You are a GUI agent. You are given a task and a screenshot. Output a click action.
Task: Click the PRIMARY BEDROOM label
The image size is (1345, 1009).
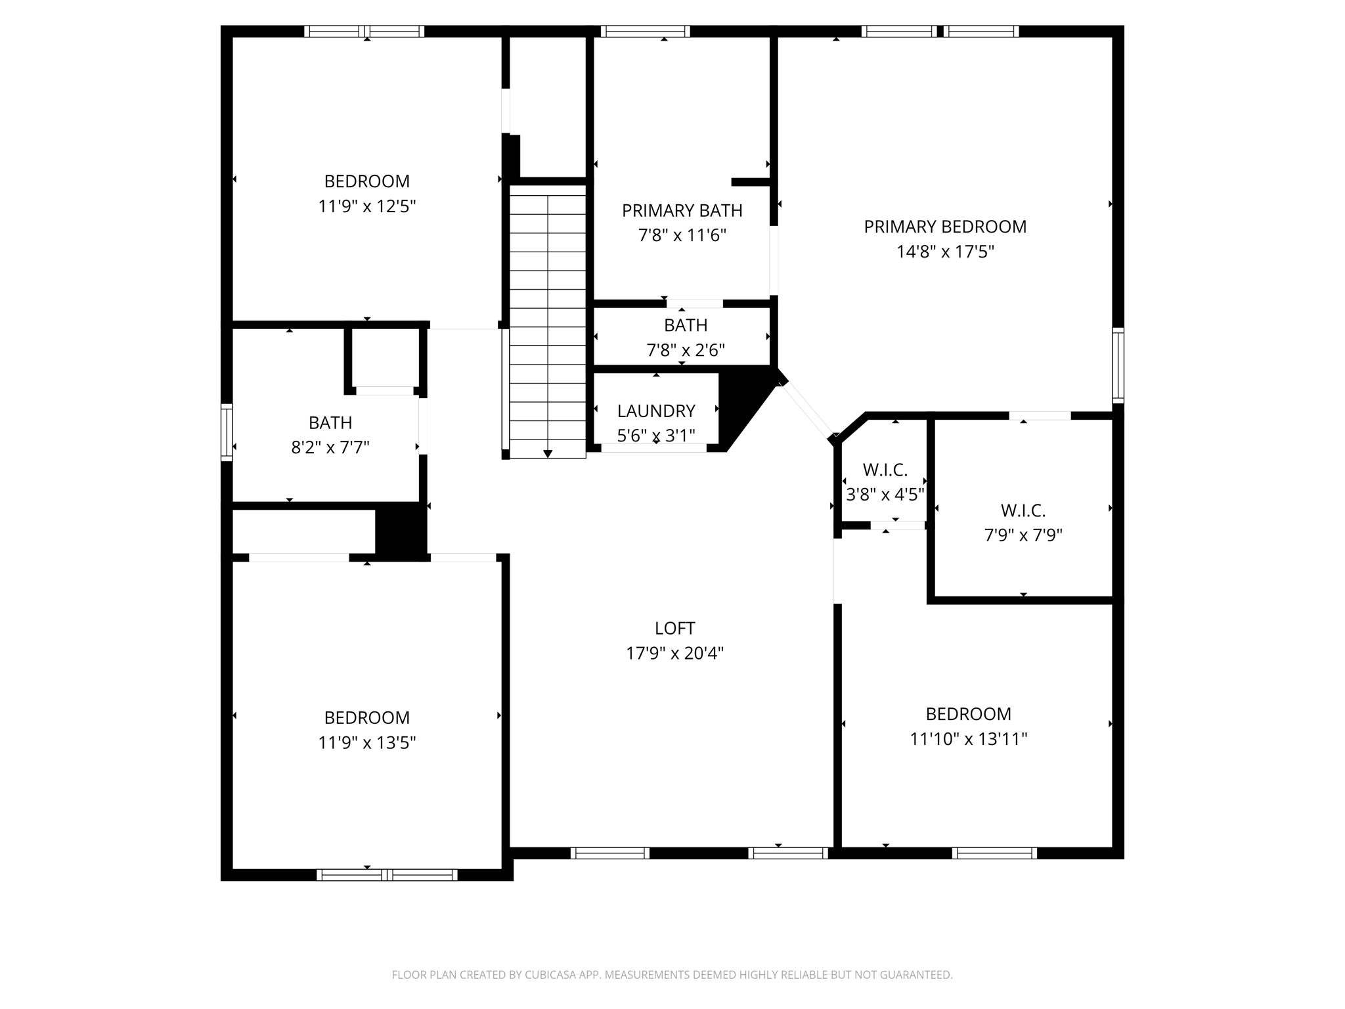tap(945, 227)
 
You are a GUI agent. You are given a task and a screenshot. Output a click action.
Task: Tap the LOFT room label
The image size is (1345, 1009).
tap(674, 629)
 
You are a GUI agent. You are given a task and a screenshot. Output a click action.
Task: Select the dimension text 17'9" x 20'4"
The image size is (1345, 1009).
tap(674, 654)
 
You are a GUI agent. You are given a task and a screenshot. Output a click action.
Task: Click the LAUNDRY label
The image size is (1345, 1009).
tap(656, 411)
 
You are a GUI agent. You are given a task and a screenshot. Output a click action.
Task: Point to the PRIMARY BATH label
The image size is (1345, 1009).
tap(682, 211)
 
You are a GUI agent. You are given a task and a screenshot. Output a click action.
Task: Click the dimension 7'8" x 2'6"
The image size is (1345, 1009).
tap(686, 350)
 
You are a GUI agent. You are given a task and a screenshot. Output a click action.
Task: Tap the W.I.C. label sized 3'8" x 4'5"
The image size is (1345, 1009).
tap(885, 470)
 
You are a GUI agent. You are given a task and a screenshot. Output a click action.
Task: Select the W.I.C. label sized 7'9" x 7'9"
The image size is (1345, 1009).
tap(1023, 510)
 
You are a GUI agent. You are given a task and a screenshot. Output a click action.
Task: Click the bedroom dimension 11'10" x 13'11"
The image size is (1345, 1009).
tap(968, 740)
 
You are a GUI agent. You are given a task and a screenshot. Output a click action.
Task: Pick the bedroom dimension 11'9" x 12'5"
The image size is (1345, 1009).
tap(367, 207)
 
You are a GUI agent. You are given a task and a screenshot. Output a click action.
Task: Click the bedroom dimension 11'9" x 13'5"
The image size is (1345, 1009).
tap(367, 743)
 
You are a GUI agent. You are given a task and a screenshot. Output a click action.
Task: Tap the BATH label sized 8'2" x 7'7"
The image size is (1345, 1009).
tap(330, 422)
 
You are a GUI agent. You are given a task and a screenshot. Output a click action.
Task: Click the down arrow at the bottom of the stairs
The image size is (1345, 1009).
tap(548, 454)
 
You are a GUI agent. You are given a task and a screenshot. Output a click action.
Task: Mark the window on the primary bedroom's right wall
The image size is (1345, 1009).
tap(1118, 365)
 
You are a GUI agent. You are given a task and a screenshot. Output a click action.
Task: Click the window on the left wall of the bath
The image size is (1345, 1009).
tap(227, 432)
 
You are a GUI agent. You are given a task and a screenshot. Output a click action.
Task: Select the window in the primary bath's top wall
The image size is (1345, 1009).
tap(645, 32)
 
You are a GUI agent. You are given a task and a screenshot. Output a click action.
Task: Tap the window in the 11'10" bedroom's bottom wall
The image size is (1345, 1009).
tap(994, 853)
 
